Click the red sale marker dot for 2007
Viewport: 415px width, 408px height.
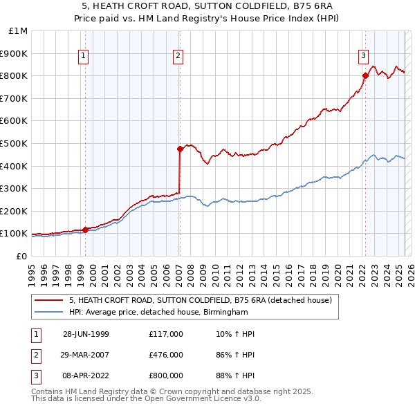pos(179,148)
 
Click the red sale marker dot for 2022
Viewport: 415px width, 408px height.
pos(365,75)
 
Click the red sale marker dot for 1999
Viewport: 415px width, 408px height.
pos(85,230)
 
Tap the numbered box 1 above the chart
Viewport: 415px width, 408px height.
pos(83,57)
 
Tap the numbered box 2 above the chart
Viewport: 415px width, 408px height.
pos(178,57)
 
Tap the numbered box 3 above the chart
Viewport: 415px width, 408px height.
pos(363,57)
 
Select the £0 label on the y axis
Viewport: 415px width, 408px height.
pos(21,256)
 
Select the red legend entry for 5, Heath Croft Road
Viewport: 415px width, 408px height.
pos(201,300)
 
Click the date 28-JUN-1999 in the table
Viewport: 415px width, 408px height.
pos(86,334)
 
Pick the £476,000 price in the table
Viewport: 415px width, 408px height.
pos(165,355)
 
